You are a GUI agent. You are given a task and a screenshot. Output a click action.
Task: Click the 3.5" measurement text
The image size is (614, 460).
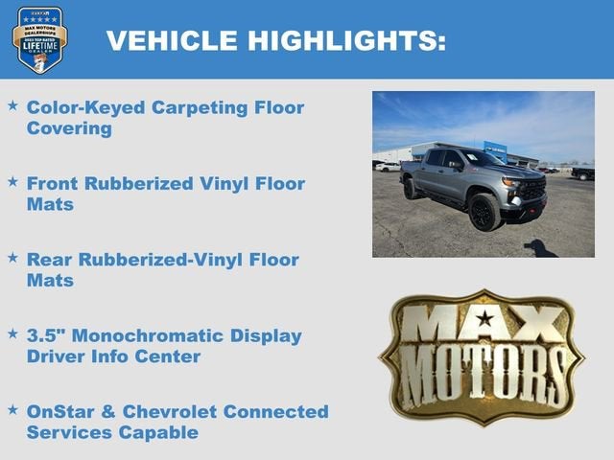point(48,336)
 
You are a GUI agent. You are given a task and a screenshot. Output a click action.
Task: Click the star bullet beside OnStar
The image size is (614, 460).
point(12,409)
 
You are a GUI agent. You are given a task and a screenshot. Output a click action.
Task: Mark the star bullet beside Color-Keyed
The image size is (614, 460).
point(12,104)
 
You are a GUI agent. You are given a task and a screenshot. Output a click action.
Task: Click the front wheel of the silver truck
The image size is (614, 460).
point(484,212)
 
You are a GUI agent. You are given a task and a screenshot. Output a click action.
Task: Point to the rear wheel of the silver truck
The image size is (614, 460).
point(412,189)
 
